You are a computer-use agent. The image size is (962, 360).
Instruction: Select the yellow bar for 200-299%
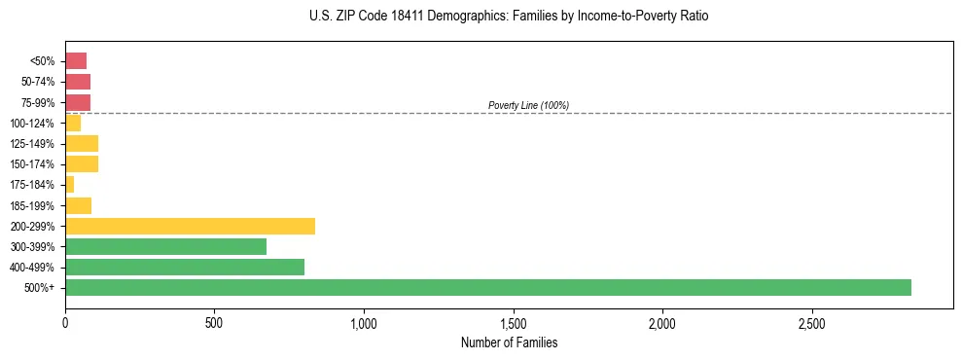(190, 226)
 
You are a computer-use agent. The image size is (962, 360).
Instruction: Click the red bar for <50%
(76, 60)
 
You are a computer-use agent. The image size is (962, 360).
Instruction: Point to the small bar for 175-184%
(70, 184)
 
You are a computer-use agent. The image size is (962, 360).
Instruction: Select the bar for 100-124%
(73, 123)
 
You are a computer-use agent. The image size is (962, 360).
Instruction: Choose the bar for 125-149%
(82, 143)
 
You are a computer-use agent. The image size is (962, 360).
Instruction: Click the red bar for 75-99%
(78, 102)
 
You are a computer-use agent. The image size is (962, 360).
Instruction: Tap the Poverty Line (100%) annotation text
(528, 105)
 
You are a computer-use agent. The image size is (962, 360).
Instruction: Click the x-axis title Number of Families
(509, 343)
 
